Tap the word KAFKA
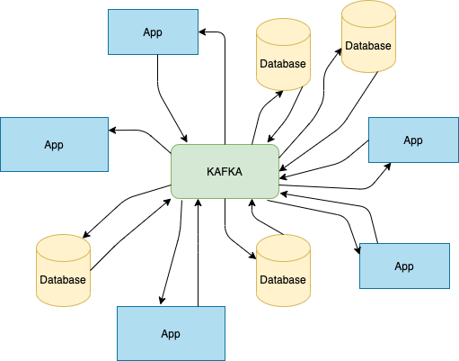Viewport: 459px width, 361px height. (x=225, y=171)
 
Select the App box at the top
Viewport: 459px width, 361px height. (x=153, y=32)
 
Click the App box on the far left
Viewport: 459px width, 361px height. (x=54, y=144)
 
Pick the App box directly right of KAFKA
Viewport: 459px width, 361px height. (x=413, y=140)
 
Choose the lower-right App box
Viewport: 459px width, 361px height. (x=404, y=266)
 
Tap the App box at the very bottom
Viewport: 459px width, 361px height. (x=171, y=333)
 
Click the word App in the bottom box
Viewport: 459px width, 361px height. (x=171, y=334)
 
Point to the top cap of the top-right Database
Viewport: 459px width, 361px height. (x=368, y=12)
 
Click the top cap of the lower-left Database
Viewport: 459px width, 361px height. (x=63, y=246)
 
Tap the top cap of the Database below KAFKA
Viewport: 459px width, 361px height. (x=283, y=246)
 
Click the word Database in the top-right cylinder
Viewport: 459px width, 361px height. (x=368, y=45)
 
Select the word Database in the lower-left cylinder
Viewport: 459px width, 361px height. (x=63, y=280)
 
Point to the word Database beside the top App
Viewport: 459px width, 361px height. (x=283, y=64)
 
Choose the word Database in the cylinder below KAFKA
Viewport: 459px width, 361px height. (x=283, y=280)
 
